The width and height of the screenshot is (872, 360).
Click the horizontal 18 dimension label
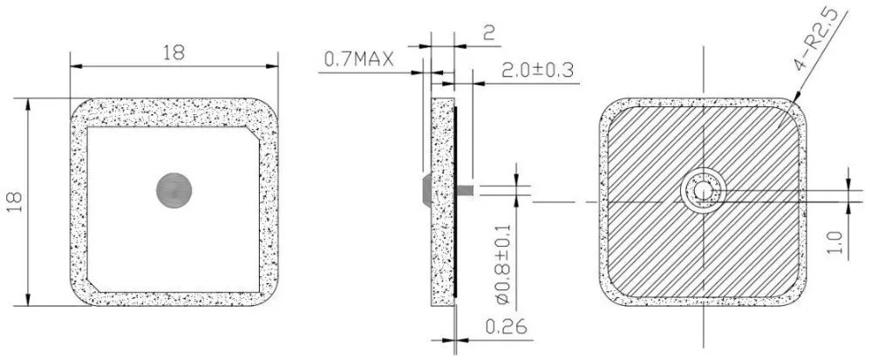[x=174, y=52]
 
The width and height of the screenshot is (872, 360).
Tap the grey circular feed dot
[x=174, y=190]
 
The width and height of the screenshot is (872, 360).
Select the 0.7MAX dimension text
[x=358, y=59]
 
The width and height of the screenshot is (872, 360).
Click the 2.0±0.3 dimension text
[x=538, y=71]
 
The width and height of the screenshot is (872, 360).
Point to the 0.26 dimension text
[x=506, y=327]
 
